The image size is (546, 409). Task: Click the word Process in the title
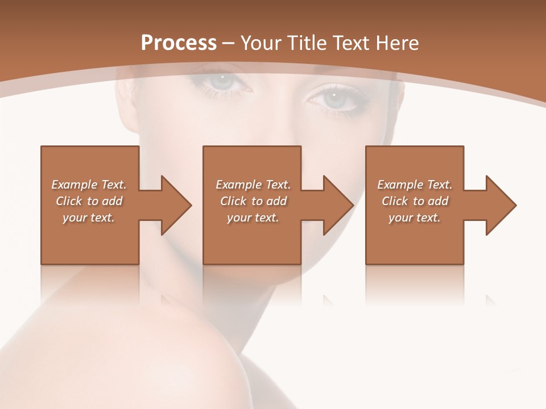179,43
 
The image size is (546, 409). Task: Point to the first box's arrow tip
190,205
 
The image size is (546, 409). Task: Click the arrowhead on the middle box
352,205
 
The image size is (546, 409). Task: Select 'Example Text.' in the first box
89,185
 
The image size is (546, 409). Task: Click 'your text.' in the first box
89,218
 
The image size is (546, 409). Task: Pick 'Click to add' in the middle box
253,201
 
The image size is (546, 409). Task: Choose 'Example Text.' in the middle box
253,185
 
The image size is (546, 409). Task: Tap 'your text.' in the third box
415,218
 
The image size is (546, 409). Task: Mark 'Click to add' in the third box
415,201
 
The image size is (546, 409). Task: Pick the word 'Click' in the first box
69,201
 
